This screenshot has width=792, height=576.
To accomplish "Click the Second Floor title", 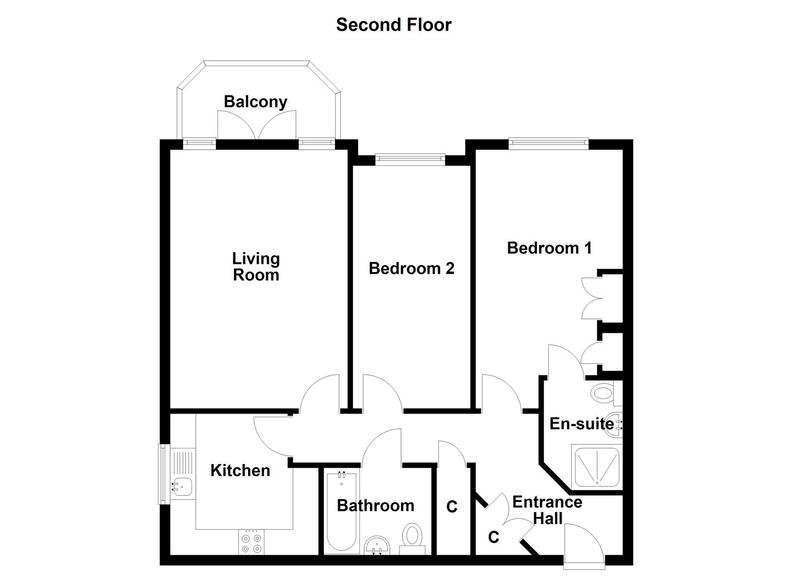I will pyautogui.click(x=394, y=25).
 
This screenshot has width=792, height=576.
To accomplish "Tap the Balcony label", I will pyautogui.click(x=255, y=101).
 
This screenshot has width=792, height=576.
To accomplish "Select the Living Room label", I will pyautogui.click(x=256, y=267).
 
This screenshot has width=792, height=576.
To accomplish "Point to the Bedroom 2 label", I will pyautogui.click(x=411, y=268).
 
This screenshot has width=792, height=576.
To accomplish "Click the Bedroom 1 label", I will pyautogui.click(x=549, y=247).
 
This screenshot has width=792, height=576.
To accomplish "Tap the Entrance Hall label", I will pyautogui.click(x=547, y=510).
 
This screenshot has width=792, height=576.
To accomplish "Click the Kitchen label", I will pyautogui.click(x=240, y=470).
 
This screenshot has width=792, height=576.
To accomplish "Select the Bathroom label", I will pyautogui.click(x=375, y=505).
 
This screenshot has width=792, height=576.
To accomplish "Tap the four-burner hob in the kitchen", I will pyautogui.click(x=251, y=542).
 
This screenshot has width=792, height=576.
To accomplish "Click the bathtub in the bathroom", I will pyautogui.click(x=341, y=512).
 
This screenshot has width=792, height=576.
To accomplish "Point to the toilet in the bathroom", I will pyautogui.click(x=412, y=535).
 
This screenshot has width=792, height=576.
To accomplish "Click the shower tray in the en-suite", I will pyautogui.click(x=596, y=467).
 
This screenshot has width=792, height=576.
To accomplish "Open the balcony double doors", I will pyautogui.click(x=257, y=126).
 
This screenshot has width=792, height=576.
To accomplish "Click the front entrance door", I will pyautogui.click(x=584, y=544).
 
